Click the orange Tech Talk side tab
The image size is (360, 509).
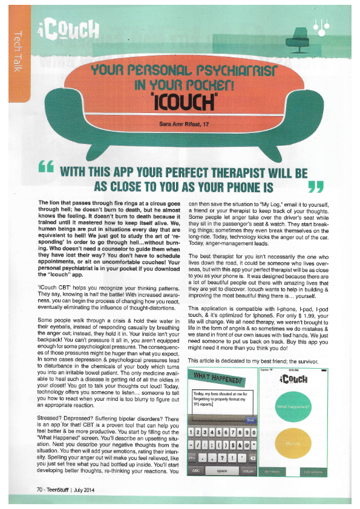pos(18,48)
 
